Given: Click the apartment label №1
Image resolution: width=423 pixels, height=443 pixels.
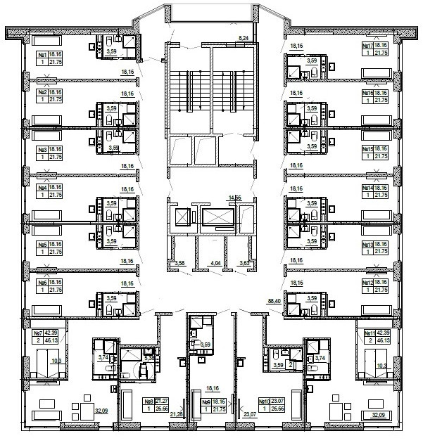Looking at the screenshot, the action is tap(42, 54).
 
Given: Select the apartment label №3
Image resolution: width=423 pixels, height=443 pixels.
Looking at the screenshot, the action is tap(42, 150).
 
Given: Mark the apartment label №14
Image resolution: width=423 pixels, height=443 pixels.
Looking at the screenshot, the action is tap(367, 188).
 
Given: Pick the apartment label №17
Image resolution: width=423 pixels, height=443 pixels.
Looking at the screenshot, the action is tap(367, 46).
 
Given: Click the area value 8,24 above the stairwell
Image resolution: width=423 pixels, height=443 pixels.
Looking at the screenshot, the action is tap(244, 36).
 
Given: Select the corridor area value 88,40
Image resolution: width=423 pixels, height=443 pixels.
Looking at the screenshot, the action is tap(275, 300).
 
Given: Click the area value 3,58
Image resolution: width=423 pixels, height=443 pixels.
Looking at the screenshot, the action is tap(179, 263).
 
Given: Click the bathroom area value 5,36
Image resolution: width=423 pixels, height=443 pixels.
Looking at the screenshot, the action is tap(149, 357).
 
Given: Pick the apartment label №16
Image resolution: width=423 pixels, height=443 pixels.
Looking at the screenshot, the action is tap(367, 93).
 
